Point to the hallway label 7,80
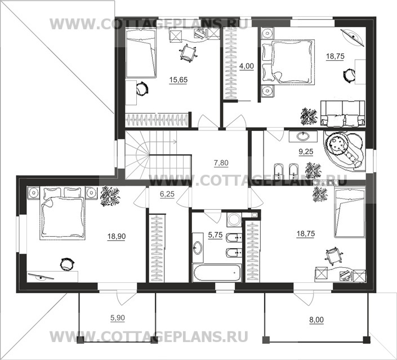click(221, 164)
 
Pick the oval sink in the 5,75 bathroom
click(199, 246)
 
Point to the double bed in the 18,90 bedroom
click(61, 216)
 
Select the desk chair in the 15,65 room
click(188, 52)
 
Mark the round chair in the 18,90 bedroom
click(66, 263)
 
